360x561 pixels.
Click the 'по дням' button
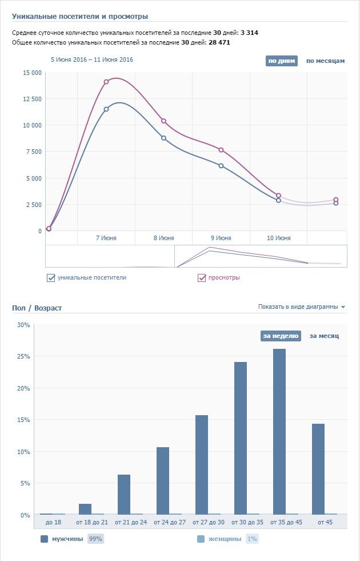coord(282,61)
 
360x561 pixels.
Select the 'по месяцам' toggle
coord(325,61)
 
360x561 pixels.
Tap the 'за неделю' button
coord(281,336)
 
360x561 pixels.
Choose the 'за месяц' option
coord(324,336)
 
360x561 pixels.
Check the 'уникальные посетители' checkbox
coord(51,278)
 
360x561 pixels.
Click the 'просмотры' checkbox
coord(202,278)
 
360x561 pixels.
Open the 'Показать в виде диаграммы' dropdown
coord(301,307)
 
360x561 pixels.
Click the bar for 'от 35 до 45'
coord(279,432)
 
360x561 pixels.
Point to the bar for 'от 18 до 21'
coord(85,509)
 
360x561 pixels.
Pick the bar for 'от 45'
coord(318,469)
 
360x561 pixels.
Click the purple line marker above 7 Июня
coord(106,82)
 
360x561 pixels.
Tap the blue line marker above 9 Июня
coord(221,166)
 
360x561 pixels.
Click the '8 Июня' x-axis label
coord(163,238)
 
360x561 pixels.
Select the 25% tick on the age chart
coord(23,356)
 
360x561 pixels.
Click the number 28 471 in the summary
coord(219,42)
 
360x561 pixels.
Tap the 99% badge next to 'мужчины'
coord(95,539)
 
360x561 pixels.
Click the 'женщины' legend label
coord(225,539)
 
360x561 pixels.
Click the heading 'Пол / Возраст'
coord(37,308)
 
